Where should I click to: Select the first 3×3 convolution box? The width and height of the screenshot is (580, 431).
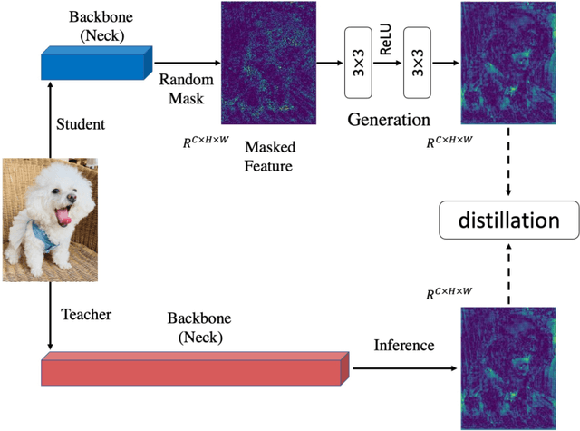coord(358,63)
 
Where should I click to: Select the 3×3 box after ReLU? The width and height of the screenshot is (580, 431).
coord(417,63)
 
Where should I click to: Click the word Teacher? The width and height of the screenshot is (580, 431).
coord(86,314)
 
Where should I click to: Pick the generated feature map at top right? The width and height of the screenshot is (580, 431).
coord(507,62)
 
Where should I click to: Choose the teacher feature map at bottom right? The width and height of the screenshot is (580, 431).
coord(507,367)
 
